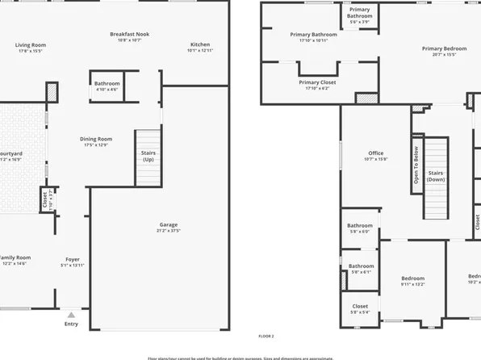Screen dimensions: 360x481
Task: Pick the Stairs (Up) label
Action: (x=148, y=156)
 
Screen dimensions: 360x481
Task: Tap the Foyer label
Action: (x=73, y=262)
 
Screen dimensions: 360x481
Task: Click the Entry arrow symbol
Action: (x=71, y=315)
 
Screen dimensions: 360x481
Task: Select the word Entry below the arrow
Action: (x=71, y=324)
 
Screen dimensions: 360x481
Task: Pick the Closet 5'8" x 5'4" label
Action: (x=360, y=309)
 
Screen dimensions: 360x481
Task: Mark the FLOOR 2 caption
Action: (x=266, y=335)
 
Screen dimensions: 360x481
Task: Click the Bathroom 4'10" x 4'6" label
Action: (x=107, y=86)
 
